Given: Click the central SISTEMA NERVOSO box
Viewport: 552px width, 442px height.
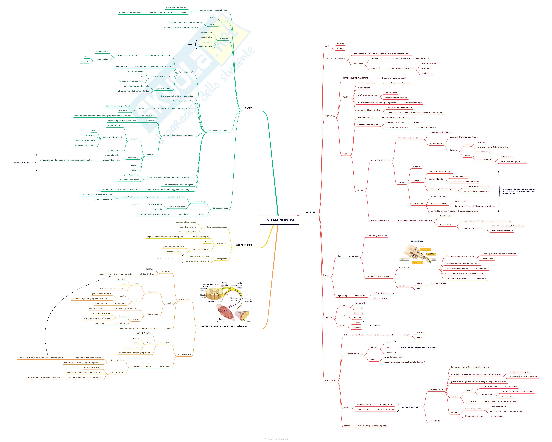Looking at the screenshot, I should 279,220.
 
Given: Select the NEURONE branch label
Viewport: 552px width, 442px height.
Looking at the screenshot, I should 311,212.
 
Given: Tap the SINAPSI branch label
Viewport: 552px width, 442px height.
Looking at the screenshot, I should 248,108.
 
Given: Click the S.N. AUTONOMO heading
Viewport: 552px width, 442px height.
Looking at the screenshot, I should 244,245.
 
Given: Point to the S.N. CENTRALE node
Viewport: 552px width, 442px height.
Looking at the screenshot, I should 185,300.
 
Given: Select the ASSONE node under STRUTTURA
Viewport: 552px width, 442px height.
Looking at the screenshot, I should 346,154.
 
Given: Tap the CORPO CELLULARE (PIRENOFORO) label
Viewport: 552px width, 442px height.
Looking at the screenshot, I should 355,78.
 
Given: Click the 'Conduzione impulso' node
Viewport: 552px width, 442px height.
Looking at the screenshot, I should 220,208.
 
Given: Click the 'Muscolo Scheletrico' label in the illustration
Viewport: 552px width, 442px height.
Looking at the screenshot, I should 221,320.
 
